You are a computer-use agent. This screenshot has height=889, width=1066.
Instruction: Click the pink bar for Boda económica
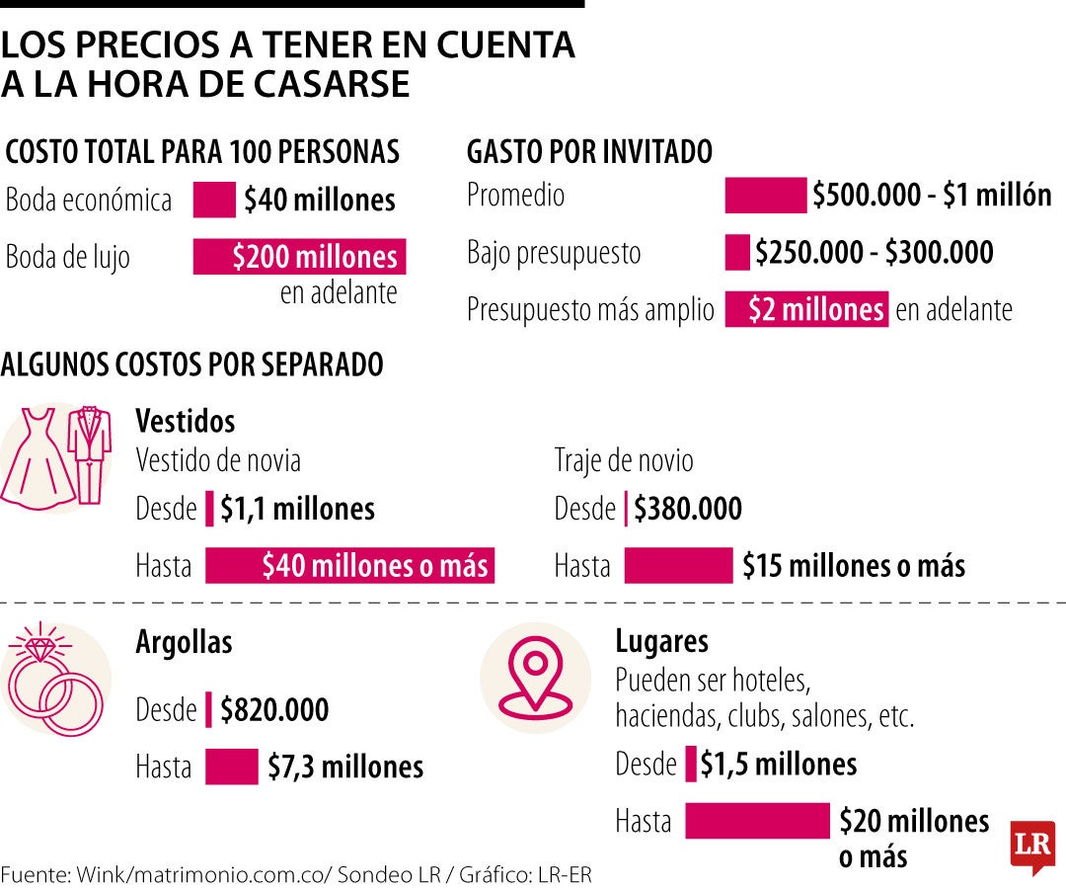tap(213, 200)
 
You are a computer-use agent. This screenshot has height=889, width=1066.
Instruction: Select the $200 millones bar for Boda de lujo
tap(299, 257)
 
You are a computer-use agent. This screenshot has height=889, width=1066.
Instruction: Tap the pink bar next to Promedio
tap(765, 196)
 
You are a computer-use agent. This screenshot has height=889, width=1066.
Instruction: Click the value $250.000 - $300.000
tap(874, 253)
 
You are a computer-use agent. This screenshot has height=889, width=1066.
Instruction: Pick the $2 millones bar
tap(806, 309)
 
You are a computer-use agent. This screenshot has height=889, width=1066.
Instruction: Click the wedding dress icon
tap(37, 454)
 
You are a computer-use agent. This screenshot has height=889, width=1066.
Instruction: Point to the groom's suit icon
tap(88, 453)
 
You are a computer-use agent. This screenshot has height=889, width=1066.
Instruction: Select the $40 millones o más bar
tap(349, 566)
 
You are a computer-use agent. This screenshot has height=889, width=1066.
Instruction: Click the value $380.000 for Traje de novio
tap(687, 510)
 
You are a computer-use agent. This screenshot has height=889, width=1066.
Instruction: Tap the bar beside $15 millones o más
tap(679, 566)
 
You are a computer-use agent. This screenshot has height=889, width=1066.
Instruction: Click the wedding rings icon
tap(54, 683)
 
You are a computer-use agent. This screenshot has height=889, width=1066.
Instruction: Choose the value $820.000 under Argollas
tap(274, 710)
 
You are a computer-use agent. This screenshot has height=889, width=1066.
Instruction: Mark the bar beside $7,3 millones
tap(232, 768)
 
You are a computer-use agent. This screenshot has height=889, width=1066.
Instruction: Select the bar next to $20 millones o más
tap(757, 821)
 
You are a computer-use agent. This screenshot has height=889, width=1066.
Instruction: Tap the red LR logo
tap(1031, 846)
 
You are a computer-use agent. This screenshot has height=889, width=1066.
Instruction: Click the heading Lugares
tap(661, 641)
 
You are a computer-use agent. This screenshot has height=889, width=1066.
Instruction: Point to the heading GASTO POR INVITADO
tap(589, 152)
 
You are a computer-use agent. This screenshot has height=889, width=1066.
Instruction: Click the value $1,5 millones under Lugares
tap(778, 764)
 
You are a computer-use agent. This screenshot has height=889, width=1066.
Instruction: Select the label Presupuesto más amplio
tap(590, 310)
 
